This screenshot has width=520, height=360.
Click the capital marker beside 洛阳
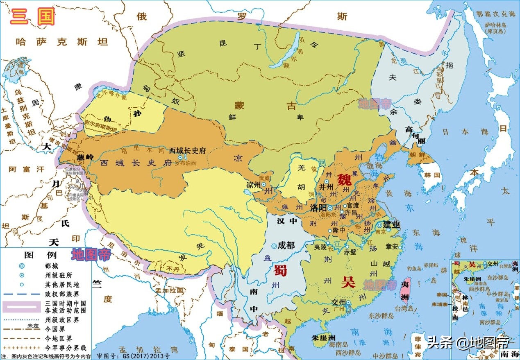pos(330,208)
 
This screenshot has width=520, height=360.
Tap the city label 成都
pos(286,246)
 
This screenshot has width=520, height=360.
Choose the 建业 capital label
pos(391,224)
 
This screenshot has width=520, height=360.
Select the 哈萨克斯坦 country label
pos(61,41)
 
